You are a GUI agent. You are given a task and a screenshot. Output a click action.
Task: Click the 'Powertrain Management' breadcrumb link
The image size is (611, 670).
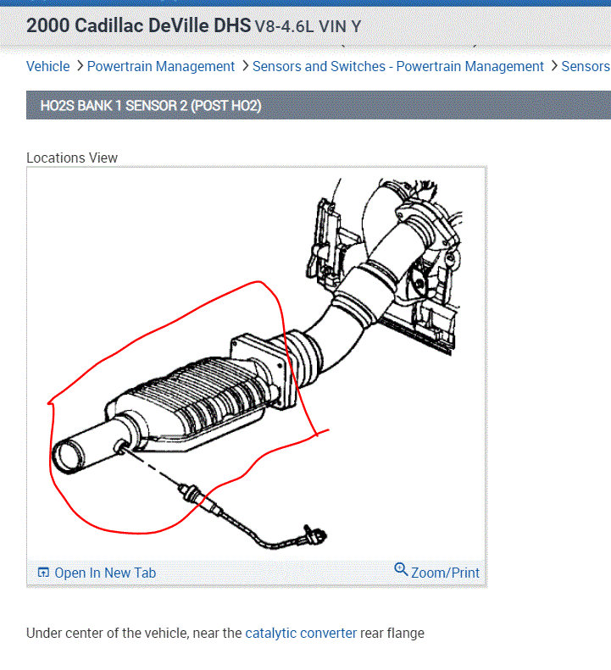(161, 66)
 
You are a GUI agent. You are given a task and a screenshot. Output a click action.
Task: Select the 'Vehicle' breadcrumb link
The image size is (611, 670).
(48, 66)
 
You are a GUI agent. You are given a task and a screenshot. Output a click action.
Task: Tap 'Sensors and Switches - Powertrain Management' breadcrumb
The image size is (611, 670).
(398, 66)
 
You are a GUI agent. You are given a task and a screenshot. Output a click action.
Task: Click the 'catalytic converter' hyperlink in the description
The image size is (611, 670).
(301, 633)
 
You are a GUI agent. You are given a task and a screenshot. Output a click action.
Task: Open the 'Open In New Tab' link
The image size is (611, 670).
(105, 573)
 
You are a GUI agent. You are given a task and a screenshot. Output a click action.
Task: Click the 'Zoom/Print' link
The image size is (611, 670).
(445, 573)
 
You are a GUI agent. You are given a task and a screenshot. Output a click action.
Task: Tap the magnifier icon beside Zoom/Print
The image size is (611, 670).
(402, 570)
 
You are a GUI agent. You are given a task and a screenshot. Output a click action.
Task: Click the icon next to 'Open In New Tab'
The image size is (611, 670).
(44, 573)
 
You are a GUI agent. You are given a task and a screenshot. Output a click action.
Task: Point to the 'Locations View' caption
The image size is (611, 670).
(72, 158)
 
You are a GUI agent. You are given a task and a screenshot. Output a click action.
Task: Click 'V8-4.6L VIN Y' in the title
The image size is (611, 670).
(308, 26)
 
